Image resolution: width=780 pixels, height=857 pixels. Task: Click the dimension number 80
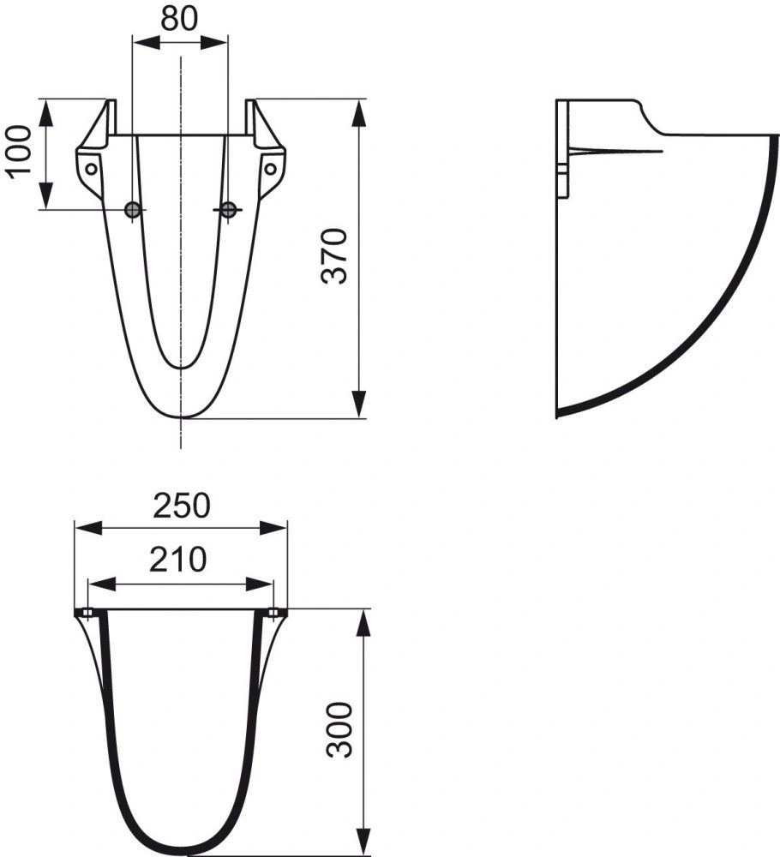(x=181, y=19)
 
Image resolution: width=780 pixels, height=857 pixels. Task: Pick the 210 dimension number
(x=181, y=560)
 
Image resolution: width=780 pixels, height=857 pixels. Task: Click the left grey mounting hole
(x=132, y=210)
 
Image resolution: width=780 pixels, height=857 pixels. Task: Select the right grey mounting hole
(x=228, y=210)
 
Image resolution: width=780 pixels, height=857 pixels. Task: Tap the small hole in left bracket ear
(x=89, y=169)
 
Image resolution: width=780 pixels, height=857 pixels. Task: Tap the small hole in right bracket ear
(x=271, y=169)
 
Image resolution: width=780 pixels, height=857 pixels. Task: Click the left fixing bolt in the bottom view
(x=87, y=613)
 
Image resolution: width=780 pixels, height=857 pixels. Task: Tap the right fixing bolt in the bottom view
(x=274, y=613)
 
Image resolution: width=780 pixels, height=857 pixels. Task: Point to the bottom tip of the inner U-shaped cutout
(x=180, y=367)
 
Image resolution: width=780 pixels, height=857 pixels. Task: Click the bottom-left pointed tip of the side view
(x=558, y=417)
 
